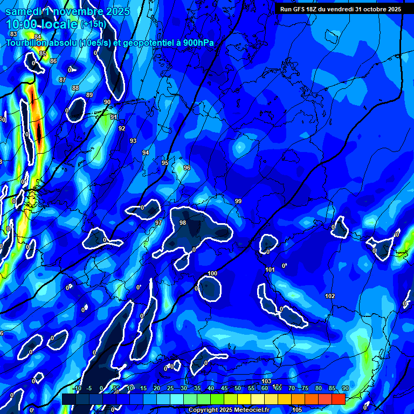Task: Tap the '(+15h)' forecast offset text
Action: tap(93, 24)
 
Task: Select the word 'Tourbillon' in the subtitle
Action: tap(27, 43)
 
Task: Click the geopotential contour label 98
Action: tap(183, 223)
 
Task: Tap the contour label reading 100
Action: tap(212, 273)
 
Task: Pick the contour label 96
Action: tap(187, 168)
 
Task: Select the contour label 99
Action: tap(238, 201)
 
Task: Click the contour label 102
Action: tap(330, 296)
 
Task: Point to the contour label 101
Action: tap(270, 270)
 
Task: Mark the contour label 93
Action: tap(133, 141)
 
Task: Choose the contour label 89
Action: tap(89, 95)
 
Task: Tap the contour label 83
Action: tap(13, 34)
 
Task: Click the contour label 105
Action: tap(296, 410)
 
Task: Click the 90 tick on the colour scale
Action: tap(345, 388)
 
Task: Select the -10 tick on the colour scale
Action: tap(77, 388)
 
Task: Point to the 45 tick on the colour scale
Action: tap(224, 388)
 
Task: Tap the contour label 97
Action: tap(158, 223)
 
